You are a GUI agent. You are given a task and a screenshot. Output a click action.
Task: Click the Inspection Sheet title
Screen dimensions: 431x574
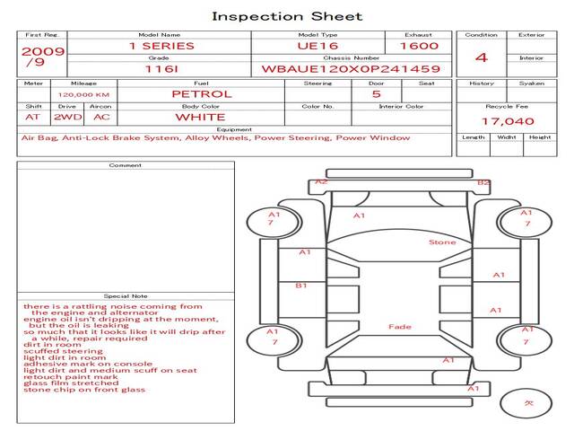[x=287, y=16]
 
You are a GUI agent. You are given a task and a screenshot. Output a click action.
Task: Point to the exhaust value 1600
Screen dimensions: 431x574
[x=419, y=46]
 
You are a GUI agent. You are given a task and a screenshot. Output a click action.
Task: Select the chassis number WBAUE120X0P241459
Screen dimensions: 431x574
[x=350, y=68]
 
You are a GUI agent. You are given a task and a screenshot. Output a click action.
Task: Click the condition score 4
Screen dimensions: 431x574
[x=482, y=57]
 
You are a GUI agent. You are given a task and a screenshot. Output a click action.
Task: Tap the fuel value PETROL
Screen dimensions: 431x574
[x=201, y=93]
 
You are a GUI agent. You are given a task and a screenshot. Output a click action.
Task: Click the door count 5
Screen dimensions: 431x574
[x=376, y=93]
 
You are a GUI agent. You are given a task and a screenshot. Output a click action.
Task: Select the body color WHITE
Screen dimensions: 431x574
[x=200, y=117]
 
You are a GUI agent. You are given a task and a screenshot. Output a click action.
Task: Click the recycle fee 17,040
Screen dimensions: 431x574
[x=508, y=121]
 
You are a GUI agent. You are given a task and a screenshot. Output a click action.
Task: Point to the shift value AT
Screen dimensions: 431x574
[x=33, y=117]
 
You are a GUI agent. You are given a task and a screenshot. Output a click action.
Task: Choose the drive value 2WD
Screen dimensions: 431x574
[x=65, y=117]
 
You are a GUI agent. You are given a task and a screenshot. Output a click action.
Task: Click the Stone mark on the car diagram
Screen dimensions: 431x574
[x=441, y=242]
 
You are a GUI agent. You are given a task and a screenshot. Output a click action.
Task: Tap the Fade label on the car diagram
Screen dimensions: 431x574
[x=400, y=327]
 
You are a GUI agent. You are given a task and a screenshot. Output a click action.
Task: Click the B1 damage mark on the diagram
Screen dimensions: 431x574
[x=301, y=286]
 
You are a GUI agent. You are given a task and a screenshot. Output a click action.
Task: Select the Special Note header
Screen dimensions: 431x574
[x=126, y=295]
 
